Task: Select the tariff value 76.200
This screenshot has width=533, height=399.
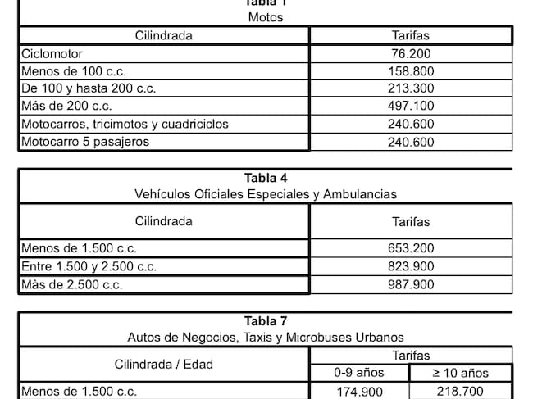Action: (x=411, y=53)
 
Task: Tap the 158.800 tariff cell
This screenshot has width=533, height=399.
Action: (x=411, y=71)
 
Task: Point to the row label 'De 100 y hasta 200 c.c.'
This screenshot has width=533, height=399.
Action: (x=88, y=88)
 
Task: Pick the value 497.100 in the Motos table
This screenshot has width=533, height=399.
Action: (x=411, y=107)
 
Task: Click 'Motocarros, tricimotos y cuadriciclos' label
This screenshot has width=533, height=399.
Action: (x=125, y=125)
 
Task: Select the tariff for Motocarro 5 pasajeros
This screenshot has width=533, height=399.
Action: (x=411, y=142)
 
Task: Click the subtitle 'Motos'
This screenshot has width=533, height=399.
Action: (x=265, y=18)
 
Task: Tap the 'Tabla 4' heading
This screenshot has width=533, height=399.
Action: (x=265, y=178)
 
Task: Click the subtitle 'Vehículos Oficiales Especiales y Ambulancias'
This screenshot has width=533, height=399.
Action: (x=265, y=194)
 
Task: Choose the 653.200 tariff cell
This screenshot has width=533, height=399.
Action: (x=411, y=248)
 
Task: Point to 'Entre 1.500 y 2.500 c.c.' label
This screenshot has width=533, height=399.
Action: (x=89, y=266)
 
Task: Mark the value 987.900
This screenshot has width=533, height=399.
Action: (x=411, y=284)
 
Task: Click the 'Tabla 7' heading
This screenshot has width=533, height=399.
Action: (x=265, y=320)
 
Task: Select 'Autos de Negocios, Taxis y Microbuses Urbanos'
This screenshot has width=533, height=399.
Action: (x=265, y=337)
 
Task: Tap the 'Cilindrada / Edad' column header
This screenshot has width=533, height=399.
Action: (x=163, y=364)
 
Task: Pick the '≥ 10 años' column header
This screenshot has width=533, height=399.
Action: (x=461, y=373)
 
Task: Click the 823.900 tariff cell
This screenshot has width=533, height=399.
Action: (x=411, y=266)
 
